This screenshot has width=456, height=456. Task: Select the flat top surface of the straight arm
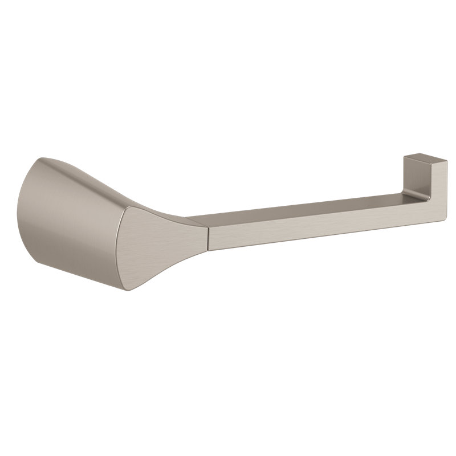tap(308, 208)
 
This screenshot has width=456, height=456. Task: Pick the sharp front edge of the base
tap(129, 251)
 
